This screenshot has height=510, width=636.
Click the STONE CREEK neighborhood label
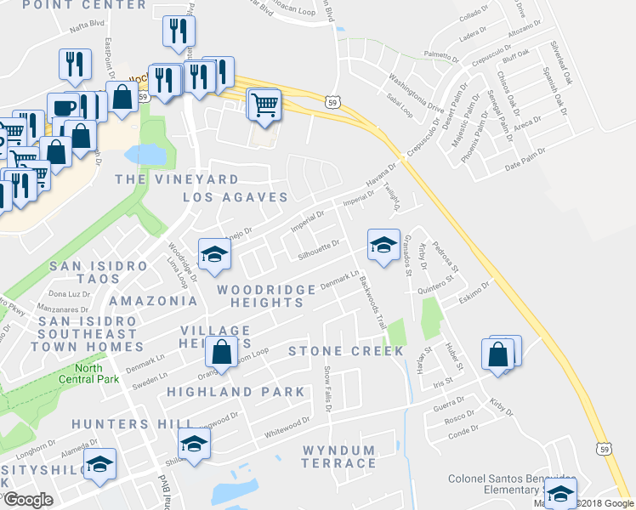[346, 351]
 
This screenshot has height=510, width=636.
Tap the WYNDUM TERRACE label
[338, 456]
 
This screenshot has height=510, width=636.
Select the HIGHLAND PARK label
[236, 392]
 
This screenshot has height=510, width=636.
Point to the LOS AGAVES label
[236, 197]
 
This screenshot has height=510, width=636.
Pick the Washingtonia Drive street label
[417, 95]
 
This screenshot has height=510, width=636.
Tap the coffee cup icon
[65, 108]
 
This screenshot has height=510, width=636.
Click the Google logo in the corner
[28, 500]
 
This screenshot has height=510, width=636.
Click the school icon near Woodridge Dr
[214, 253]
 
